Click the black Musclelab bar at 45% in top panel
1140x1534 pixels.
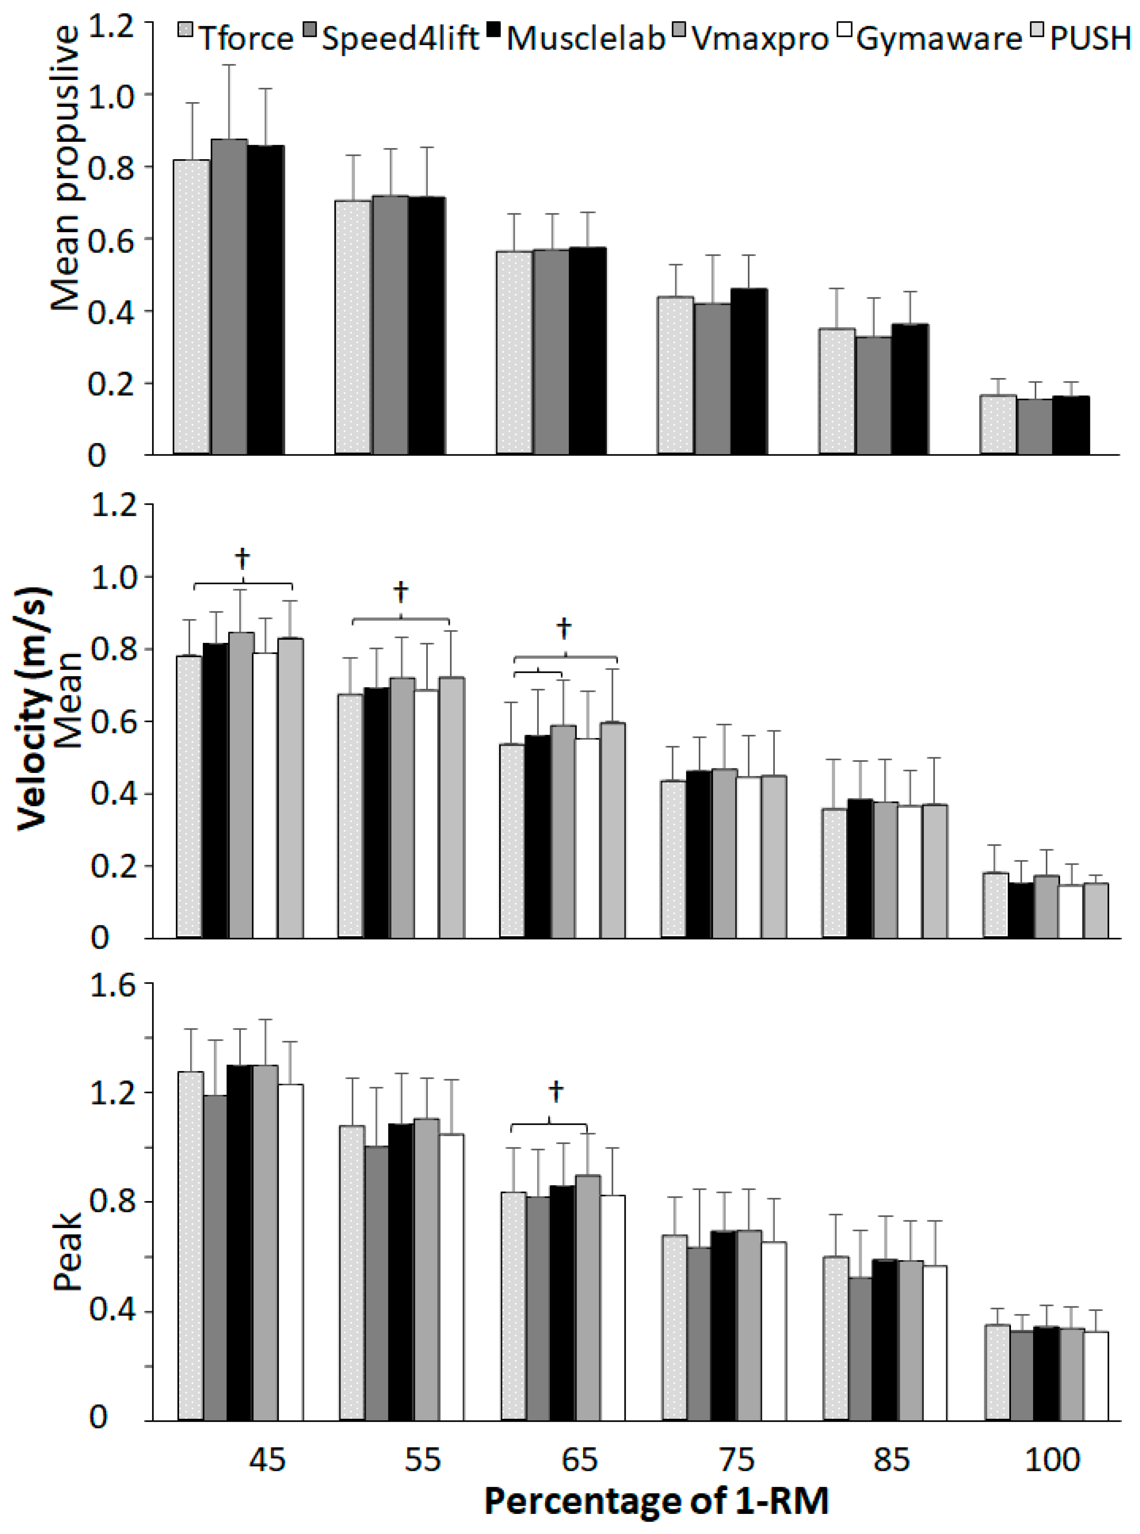266,300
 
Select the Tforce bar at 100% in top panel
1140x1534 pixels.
998,424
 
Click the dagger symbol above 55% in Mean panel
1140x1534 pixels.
400,592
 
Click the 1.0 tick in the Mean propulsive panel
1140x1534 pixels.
110,95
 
